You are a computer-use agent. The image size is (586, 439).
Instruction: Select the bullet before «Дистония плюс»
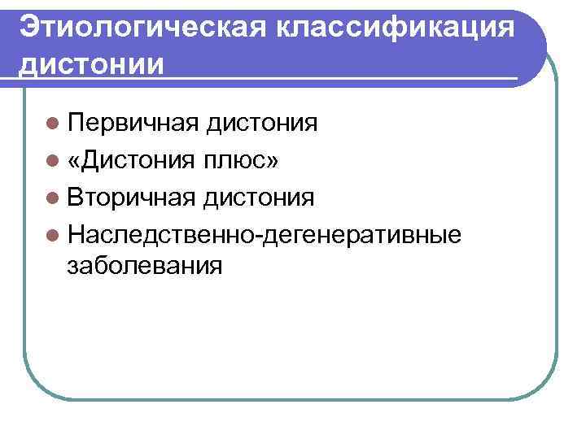[x=53, y=161]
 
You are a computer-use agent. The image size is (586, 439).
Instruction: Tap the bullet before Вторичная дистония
[x=53, y=198]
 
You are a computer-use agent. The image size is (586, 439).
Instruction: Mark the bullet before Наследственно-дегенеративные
[x=53, y=234]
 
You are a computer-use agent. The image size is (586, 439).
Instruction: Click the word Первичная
[x=134, y=124]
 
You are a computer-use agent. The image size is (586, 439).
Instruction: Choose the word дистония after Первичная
[x=262, y=124]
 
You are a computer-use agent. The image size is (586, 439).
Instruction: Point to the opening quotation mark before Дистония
[x=75, y=162]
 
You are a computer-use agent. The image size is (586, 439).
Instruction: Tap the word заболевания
[x=145, y=265]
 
